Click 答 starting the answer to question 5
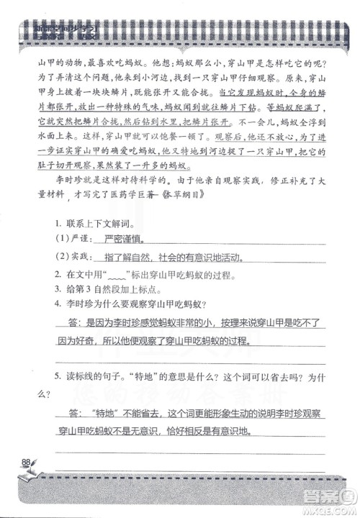point(75,414)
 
